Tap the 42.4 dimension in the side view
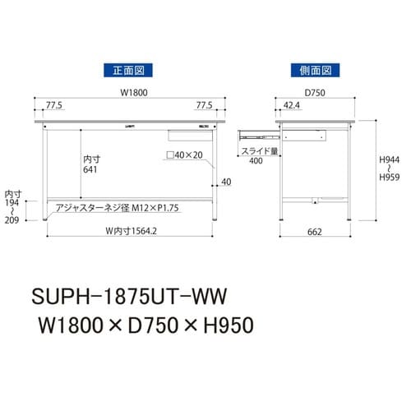tap(290, 105)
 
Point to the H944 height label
tap(392, 165)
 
